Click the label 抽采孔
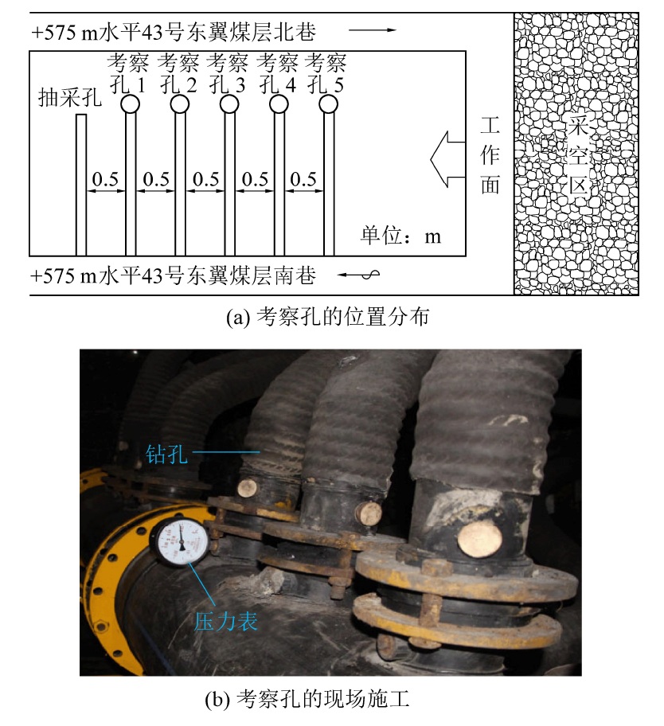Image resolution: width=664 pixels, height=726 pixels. coord(70,98)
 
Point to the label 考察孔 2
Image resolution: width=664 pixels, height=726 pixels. coord(178,73)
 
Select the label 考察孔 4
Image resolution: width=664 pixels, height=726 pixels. coord(277,73)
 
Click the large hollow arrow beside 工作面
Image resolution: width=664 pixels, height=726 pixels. coord(447,159)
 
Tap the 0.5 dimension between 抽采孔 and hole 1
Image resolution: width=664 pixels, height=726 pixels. coord(106,179)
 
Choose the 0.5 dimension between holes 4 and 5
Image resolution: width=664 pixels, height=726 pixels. coord(303,179)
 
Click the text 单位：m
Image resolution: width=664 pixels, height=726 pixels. coord(401,236)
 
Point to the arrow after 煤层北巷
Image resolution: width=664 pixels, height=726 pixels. coord(373,30)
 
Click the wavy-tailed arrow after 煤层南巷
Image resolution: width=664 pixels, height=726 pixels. coord(358,275)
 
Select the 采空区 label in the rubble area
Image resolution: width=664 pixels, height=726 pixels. coord(578,155)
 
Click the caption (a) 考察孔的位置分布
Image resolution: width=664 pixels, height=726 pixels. coord(328,317)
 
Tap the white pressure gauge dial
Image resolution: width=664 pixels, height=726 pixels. coord(181,541)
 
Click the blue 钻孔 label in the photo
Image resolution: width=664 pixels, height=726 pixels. coord(166,455)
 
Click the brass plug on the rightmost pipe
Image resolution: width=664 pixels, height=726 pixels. coord(480,538)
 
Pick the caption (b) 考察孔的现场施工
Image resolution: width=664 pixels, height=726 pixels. coord(307,699)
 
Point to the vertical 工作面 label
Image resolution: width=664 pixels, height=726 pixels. coord(490,155)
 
